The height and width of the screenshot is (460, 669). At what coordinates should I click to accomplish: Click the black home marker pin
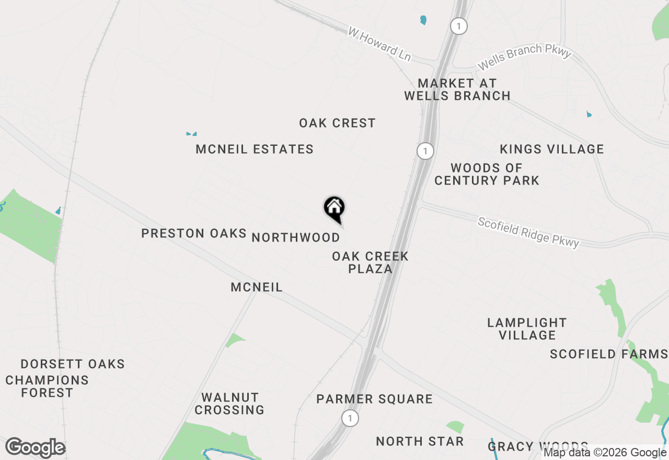pos(334,209)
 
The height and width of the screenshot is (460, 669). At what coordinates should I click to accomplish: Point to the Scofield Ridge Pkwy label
pos(528,232)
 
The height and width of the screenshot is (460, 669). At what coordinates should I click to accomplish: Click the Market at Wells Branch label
pos(457,89)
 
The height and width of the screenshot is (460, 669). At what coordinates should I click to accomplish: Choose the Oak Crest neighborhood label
pos(337,123)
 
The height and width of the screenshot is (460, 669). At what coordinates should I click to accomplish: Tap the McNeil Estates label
pos(255,149)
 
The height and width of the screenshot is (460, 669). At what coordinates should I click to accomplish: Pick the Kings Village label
pos(551,149)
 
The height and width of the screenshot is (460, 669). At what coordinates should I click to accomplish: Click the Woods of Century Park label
pos(487,175)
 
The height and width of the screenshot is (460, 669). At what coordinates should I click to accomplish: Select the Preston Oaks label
pos(194,234)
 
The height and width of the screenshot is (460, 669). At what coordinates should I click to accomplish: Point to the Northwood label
pos(296,238)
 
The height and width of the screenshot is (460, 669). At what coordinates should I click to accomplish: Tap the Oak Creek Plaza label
pos(370,263)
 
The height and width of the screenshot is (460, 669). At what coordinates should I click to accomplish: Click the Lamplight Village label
pos(527,329)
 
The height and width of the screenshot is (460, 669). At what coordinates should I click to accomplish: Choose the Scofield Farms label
pos(608,354)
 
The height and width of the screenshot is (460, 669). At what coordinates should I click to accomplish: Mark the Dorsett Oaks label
pos(73,364)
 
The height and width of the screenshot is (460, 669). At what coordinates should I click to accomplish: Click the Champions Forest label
pos(47,386)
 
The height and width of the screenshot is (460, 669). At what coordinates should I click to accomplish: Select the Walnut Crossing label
pos(229,404)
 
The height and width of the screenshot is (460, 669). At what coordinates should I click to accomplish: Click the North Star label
pos(420,442)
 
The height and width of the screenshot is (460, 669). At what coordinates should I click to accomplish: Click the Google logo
pos(35,448)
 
